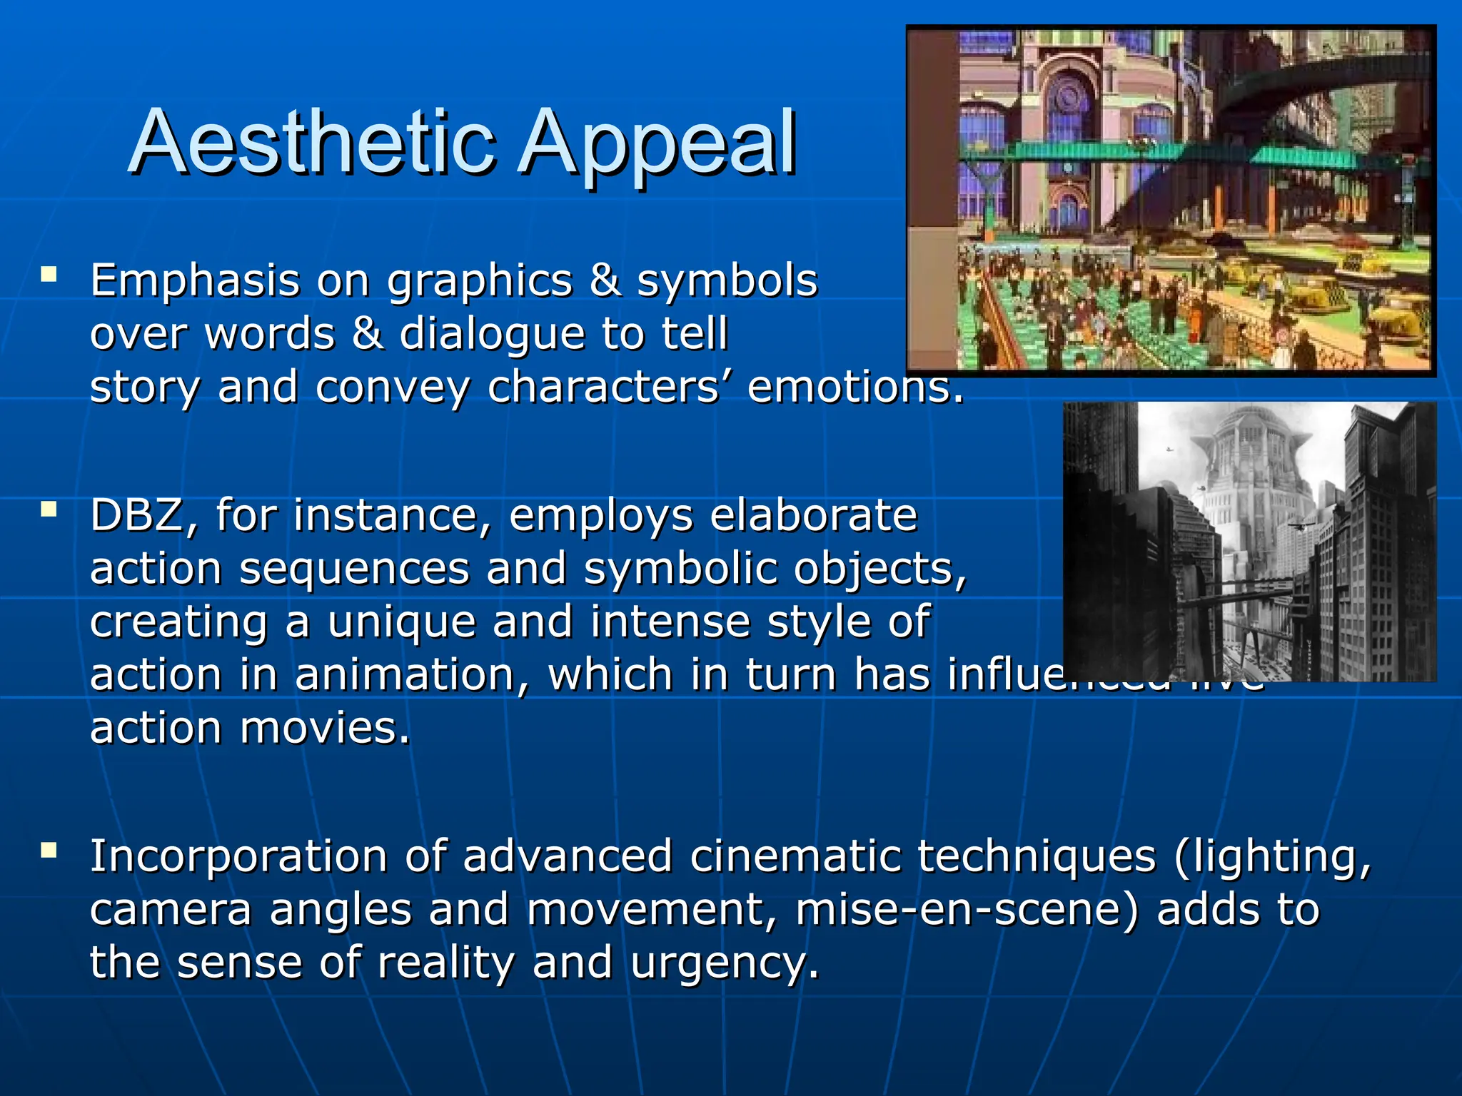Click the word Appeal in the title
tap(657, 143)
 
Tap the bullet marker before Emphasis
tap(49, 274)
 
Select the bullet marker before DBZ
tap(49, 509)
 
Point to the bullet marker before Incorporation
tap(49, 850)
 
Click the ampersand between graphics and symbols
tap(605, 280)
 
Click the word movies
tap(325, 729)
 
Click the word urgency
tap(724, 963)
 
